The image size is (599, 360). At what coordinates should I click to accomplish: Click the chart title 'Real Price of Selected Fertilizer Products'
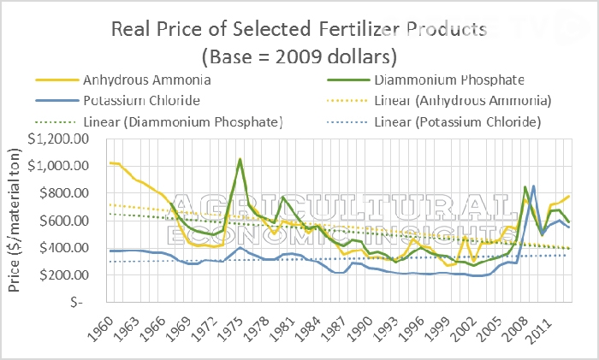[299, 30]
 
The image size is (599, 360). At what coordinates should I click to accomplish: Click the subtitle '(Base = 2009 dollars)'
[299, 58]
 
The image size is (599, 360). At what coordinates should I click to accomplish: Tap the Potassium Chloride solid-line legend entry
[140, 102]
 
